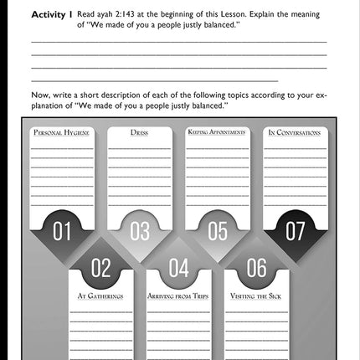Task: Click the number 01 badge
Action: pos(62,231)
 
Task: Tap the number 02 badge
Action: pos(100,268)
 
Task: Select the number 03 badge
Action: pos(140,231)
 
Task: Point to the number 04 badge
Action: pos(178,268)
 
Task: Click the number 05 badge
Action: pos(217,231)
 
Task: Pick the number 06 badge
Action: pos(256,268)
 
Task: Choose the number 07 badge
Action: pos(296,231)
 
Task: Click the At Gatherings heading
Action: pos(100,296)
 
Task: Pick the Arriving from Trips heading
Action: pos(178,296)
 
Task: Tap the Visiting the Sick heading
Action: pos(256,296)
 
